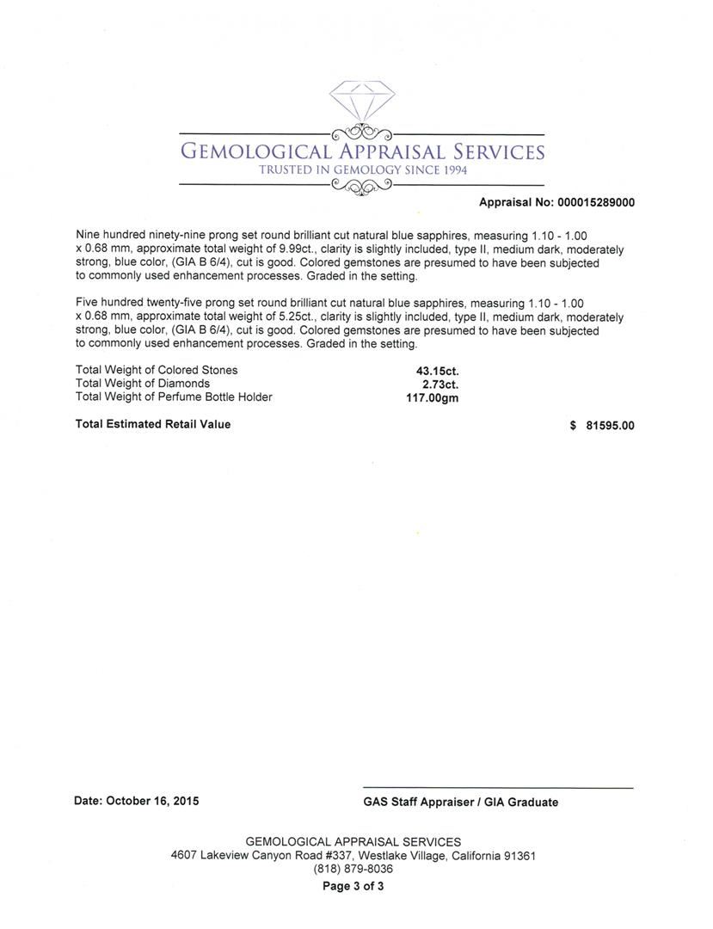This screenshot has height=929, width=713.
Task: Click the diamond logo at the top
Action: (x=360, y=103)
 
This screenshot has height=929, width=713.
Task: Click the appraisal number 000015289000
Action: (x=596, y=203)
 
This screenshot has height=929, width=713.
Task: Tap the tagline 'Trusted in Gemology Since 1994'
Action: (x=363, y=170)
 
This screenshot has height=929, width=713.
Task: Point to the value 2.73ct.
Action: (x=439, y=384)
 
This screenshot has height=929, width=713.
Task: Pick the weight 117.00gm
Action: (x=432, y=397)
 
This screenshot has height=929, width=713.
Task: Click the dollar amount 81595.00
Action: (x=610, y=425)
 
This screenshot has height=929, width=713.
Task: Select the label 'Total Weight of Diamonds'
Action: (x=143, y=384)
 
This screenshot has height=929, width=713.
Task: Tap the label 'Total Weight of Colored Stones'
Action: (x=157, y=371)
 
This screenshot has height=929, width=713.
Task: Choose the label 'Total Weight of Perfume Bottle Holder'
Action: (x=174, y=397)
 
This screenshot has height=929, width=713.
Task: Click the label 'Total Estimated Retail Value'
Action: (x=153, y=424)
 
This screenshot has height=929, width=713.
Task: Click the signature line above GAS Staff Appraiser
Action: (x=498, y=788)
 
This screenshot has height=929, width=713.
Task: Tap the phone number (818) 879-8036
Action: (x=353, y=870)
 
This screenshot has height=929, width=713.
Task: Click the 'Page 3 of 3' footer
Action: (x=353, y=886)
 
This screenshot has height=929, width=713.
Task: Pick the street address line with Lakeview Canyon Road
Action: (x=353, y=856)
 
